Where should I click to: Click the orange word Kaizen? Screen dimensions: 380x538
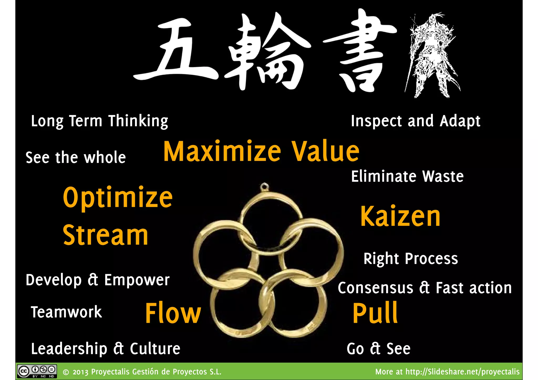click(400, 216)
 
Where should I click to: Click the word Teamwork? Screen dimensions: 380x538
click(66, 312)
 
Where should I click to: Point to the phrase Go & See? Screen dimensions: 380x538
click(378, 349)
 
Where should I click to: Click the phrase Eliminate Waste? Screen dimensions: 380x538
click(407, 176)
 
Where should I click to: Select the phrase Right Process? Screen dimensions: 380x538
click(411, 259)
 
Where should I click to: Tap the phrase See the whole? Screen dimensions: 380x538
click(76, 158)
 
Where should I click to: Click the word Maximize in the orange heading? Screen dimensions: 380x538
click(222, 152)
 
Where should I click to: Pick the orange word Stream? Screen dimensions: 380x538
click(105, 235)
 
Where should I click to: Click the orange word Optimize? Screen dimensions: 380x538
click(118, 197)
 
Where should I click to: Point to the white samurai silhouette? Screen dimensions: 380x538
click(432, 55)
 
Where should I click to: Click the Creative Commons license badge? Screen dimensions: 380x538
click(37, 371)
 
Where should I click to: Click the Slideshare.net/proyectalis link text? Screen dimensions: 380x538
click(462, 372)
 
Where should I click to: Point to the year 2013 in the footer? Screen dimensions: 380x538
click(81, 372)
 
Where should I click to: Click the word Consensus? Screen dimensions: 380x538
click(375, 288)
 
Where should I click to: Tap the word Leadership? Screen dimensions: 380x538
click(69, 349)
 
